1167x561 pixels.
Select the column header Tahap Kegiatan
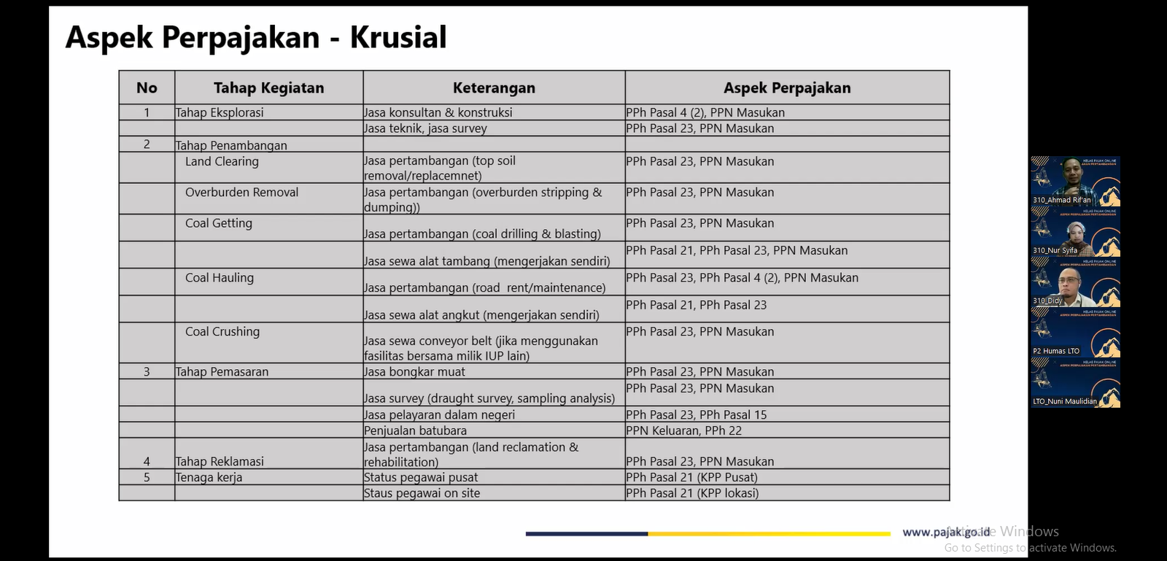(268, 88)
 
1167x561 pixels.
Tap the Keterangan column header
(494, 88)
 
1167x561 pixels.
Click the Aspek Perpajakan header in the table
(787, 88)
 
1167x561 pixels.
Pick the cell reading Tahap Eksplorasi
(220, 113)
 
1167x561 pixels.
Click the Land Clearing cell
(222, 162)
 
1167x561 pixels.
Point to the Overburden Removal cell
(241, 193)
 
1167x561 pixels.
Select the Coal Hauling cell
(220, 278)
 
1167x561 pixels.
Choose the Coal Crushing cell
(222, 332)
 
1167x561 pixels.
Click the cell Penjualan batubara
(415, 431)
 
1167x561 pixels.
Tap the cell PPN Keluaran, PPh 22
(683, 431)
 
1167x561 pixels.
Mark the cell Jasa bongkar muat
(414, 372)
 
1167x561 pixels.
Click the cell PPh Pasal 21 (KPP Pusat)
(691, 478)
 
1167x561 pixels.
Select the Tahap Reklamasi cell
(220, 462)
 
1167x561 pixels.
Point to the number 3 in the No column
(147, 372)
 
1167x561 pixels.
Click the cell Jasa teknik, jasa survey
(425, 129)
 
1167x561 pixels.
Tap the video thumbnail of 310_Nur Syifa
(1075, 233)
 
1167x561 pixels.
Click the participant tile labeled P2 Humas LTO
(1075, 333)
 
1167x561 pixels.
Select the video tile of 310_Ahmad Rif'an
(1075, 182)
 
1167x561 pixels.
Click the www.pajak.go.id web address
(946, 533)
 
